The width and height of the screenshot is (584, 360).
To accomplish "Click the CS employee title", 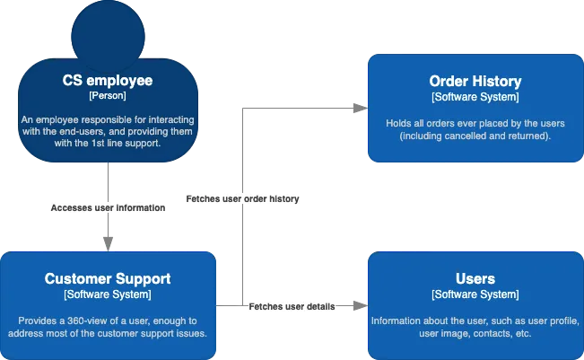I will tap(108, 81).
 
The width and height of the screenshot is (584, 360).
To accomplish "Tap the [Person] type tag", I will tap(108, 95).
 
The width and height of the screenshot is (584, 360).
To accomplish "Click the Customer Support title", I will tap(108, 279).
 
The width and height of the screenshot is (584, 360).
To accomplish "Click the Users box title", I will tap(475, 279).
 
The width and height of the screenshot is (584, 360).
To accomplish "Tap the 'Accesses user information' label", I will tap(108, 207).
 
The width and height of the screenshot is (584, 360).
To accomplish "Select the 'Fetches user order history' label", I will tap(242, 198).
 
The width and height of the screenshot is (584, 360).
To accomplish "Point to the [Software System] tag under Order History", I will tap(475, 97).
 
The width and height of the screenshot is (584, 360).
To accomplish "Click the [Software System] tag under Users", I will tap(475, 294).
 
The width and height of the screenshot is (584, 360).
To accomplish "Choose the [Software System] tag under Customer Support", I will tap(108, 294).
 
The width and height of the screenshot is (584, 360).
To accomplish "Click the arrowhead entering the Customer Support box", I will tap(108, 244).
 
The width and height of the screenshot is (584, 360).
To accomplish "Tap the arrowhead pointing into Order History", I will tap(361, 109).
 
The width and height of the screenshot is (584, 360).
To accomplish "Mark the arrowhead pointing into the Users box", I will tap(361, 307).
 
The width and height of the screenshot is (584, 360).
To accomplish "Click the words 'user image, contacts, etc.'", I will tap(475, 334).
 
